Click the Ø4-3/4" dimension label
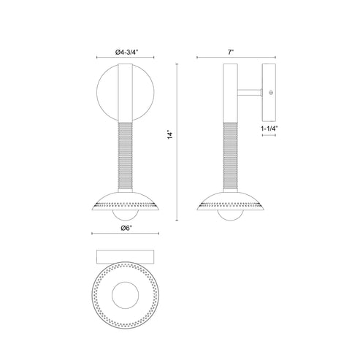[x=127, y=51]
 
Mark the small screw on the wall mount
[x=271, y=93]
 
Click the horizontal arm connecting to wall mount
[x=248, y=93]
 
